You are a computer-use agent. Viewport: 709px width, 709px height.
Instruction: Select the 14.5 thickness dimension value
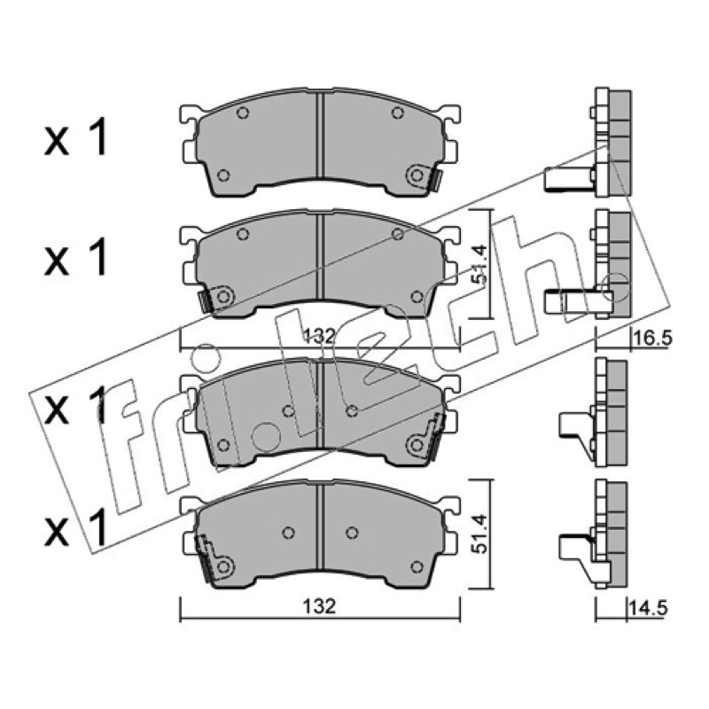pyautogui.click(x=649, y=608)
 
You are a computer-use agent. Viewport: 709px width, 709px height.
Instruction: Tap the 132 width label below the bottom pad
pyautogui.click(x=320, y=606)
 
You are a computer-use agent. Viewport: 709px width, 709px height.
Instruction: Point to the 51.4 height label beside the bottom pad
pyautogui.click(x=479, y=534)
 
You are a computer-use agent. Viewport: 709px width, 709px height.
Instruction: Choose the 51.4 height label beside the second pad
pyautogui.click(x=479, y=264)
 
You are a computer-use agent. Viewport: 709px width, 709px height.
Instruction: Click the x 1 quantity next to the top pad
pyautogui.click(x=76, y=137)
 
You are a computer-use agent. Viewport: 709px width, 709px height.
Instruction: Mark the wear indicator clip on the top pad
pyautogui.click(x=435, y=180)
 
